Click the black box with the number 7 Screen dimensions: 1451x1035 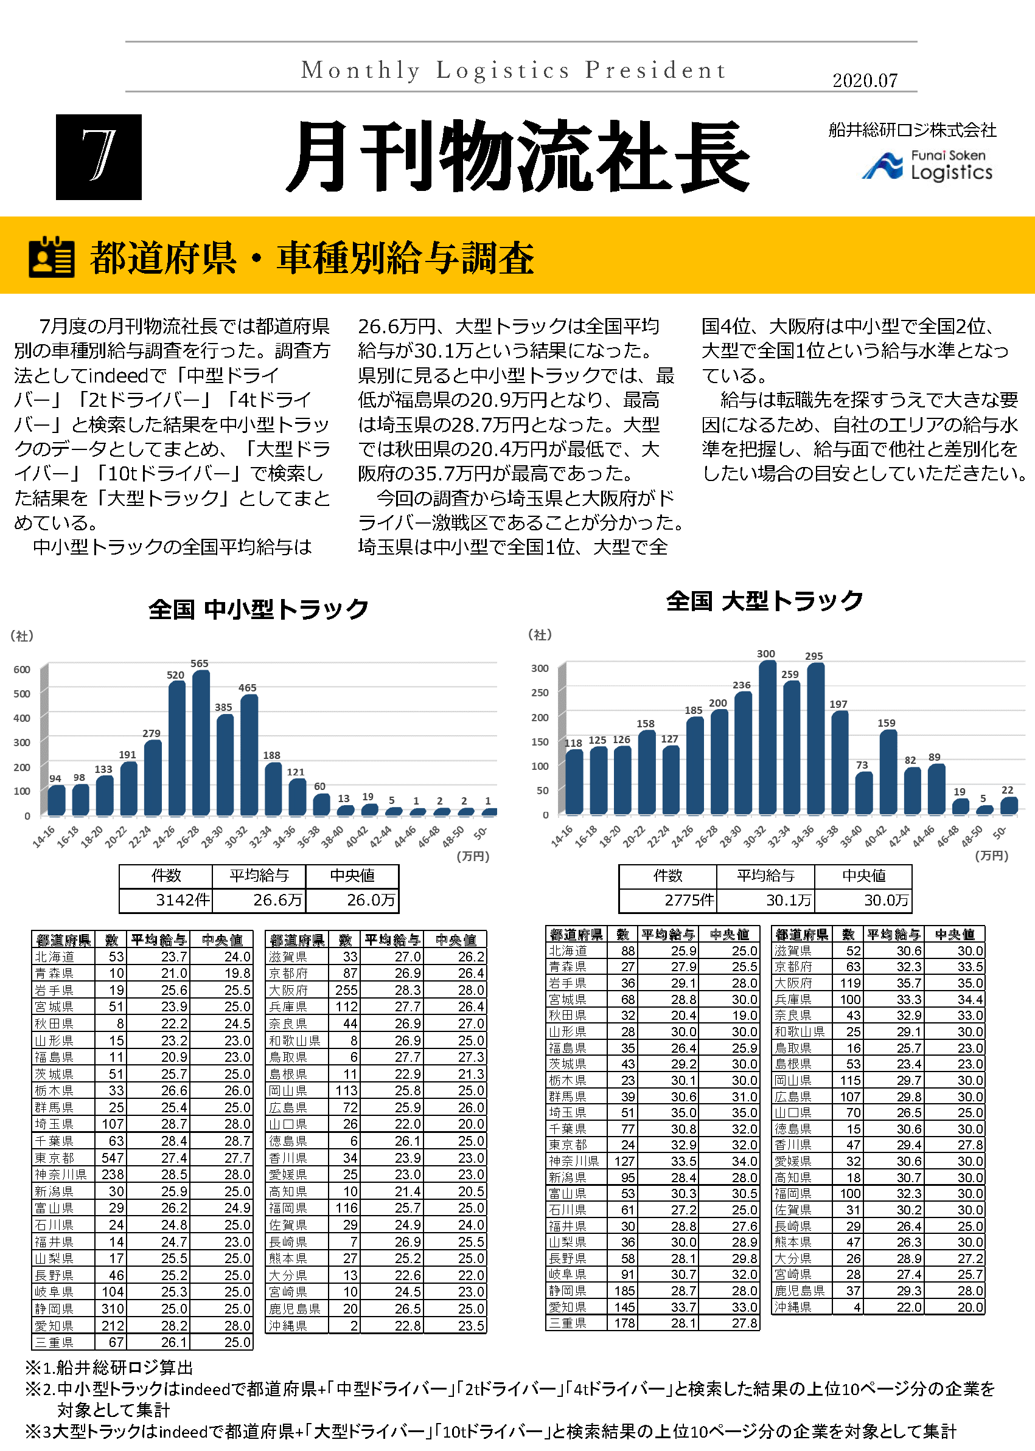[x=99, y=157]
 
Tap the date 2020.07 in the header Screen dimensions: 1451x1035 [x=864, y=81]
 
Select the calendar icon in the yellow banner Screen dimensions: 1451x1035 [x=51, y=257]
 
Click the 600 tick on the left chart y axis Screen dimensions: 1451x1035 [x=22, y=670]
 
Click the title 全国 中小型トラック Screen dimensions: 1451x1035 [x=258, y=609]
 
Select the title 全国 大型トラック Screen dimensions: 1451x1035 [x=764, y=600]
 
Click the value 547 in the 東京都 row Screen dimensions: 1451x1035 [x=111, y=1157]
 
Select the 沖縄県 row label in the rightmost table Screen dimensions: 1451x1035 [x=793, y=1307]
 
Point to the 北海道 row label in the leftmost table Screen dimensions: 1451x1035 [x=55, y=957]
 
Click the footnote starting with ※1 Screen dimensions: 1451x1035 [x=108, y=1368]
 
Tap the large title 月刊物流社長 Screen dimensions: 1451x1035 [x=517, y=157]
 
